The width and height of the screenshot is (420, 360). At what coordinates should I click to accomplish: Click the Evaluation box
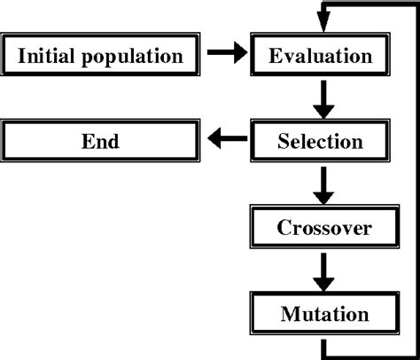coord(320,57)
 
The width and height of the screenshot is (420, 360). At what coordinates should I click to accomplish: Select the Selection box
coord(320,141)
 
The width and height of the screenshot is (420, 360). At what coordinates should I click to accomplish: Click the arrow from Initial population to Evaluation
coord(226,57)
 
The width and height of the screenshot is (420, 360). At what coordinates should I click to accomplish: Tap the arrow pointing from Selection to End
coord(226,139)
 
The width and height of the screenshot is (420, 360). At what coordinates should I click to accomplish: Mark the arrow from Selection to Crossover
coord(324,184)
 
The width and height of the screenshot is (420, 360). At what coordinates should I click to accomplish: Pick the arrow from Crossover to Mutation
coord(324,270)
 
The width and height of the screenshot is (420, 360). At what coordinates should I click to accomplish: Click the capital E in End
coord(87,141)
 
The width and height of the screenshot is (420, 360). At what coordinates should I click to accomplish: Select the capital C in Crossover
coord(283,228)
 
